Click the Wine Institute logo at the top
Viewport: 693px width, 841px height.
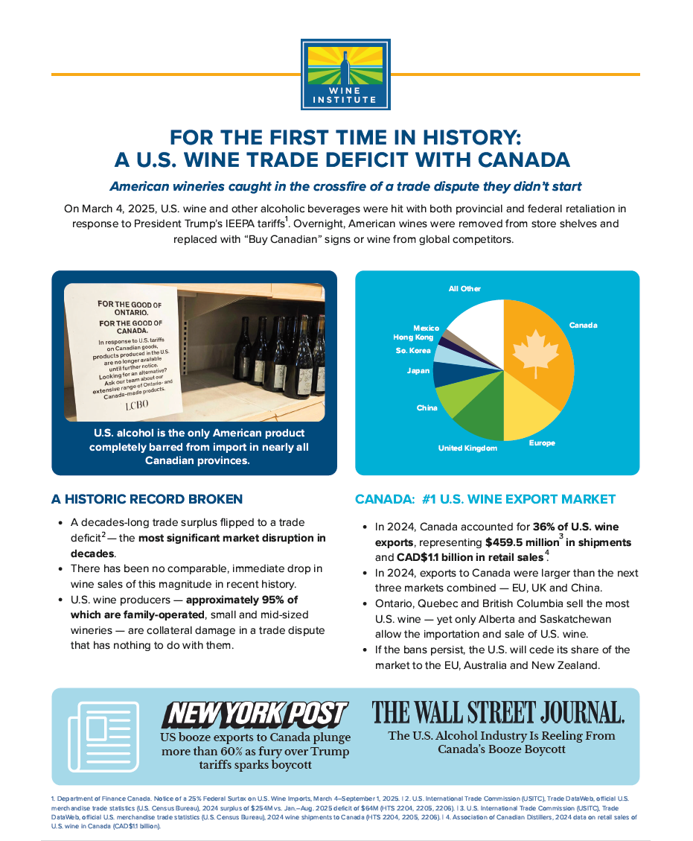point(345,74)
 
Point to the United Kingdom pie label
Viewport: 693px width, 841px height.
point(467,448)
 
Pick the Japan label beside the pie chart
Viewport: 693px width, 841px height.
point(418,370)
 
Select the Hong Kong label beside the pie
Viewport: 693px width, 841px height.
point(413,337)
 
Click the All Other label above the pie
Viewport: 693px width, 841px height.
point(464,288)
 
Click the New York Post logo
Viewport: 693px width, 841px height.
point(255,714)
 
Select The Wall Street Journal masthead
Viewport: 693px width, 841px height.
point(498,712)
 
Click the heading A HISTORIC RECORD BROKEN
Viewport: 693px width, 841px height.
point(147,499)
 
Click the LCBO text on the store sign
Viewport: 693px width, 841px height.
point(136,404)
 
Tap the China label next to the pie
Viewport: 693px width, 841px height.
point(427,408)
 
